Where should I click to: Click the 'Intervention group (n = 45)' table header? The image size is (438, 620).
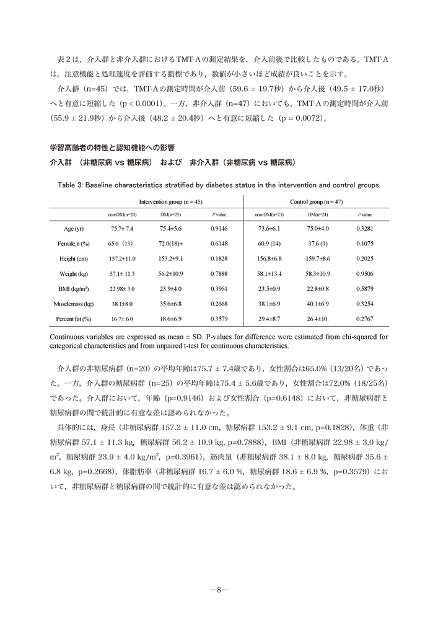click(x=170, y=202)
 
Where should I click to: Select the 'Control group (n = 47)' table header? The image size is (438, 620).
click(x=317, y=202)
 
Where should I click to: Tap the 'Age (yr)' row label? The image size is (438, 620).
click(x=76, y=229)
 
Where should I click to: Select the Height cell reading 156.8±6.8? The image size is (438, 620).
click(x=269, y=259)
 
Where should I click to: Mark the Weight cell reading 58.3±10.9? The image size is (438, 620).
click(x=318, y=274)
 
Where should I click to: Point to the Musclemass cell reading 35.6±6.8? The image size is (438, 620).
click(x=170, y=304)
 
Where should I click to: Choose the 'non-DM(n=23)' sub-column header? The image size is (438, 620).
click(x=269, y=214)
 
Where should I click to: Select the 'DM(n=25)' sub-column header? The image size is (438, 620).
click(x=170, y=214)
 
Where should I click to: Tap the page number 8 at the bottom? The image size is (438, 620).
click(x=219, y=590)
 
